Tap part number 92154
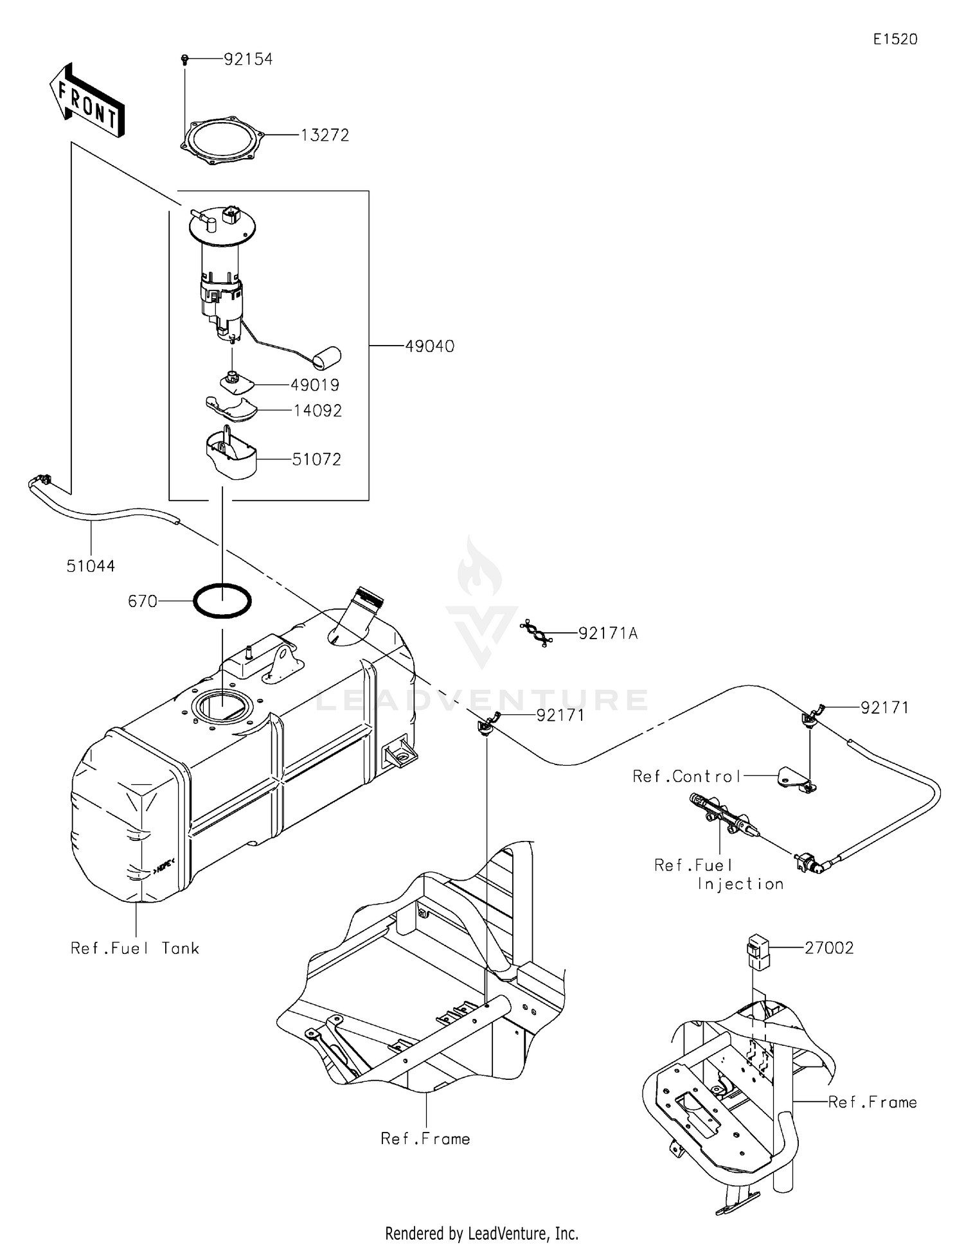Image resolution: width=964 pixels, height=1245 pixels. [248, 59]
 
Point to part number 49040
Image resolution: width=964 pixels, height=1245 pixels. [429, 346]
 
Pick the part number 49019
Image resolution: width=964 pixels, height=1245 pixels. [315, 385]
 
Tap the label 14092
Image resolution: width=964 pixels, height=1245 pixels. [317, 411]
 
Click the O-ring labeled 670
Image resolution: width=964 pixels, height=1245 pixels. [222, 601]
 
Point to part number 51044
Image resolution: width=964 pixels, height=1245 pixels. [91, 566]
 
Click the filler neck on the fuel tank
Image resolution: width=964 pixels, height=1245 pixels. [364, 608]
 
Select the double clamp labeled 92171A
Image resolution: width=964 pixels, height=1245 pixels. [535, 633]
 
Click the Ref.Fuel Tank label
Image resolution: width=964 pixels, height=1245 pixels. [135, 948]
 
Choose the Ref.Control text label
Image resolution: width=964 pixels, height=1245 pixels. [687, 776]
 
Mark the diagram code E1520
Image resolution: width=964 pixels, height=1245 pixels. [895, 39]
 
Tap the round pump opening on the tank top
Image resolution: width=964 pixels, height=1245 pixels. [223, 707]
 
